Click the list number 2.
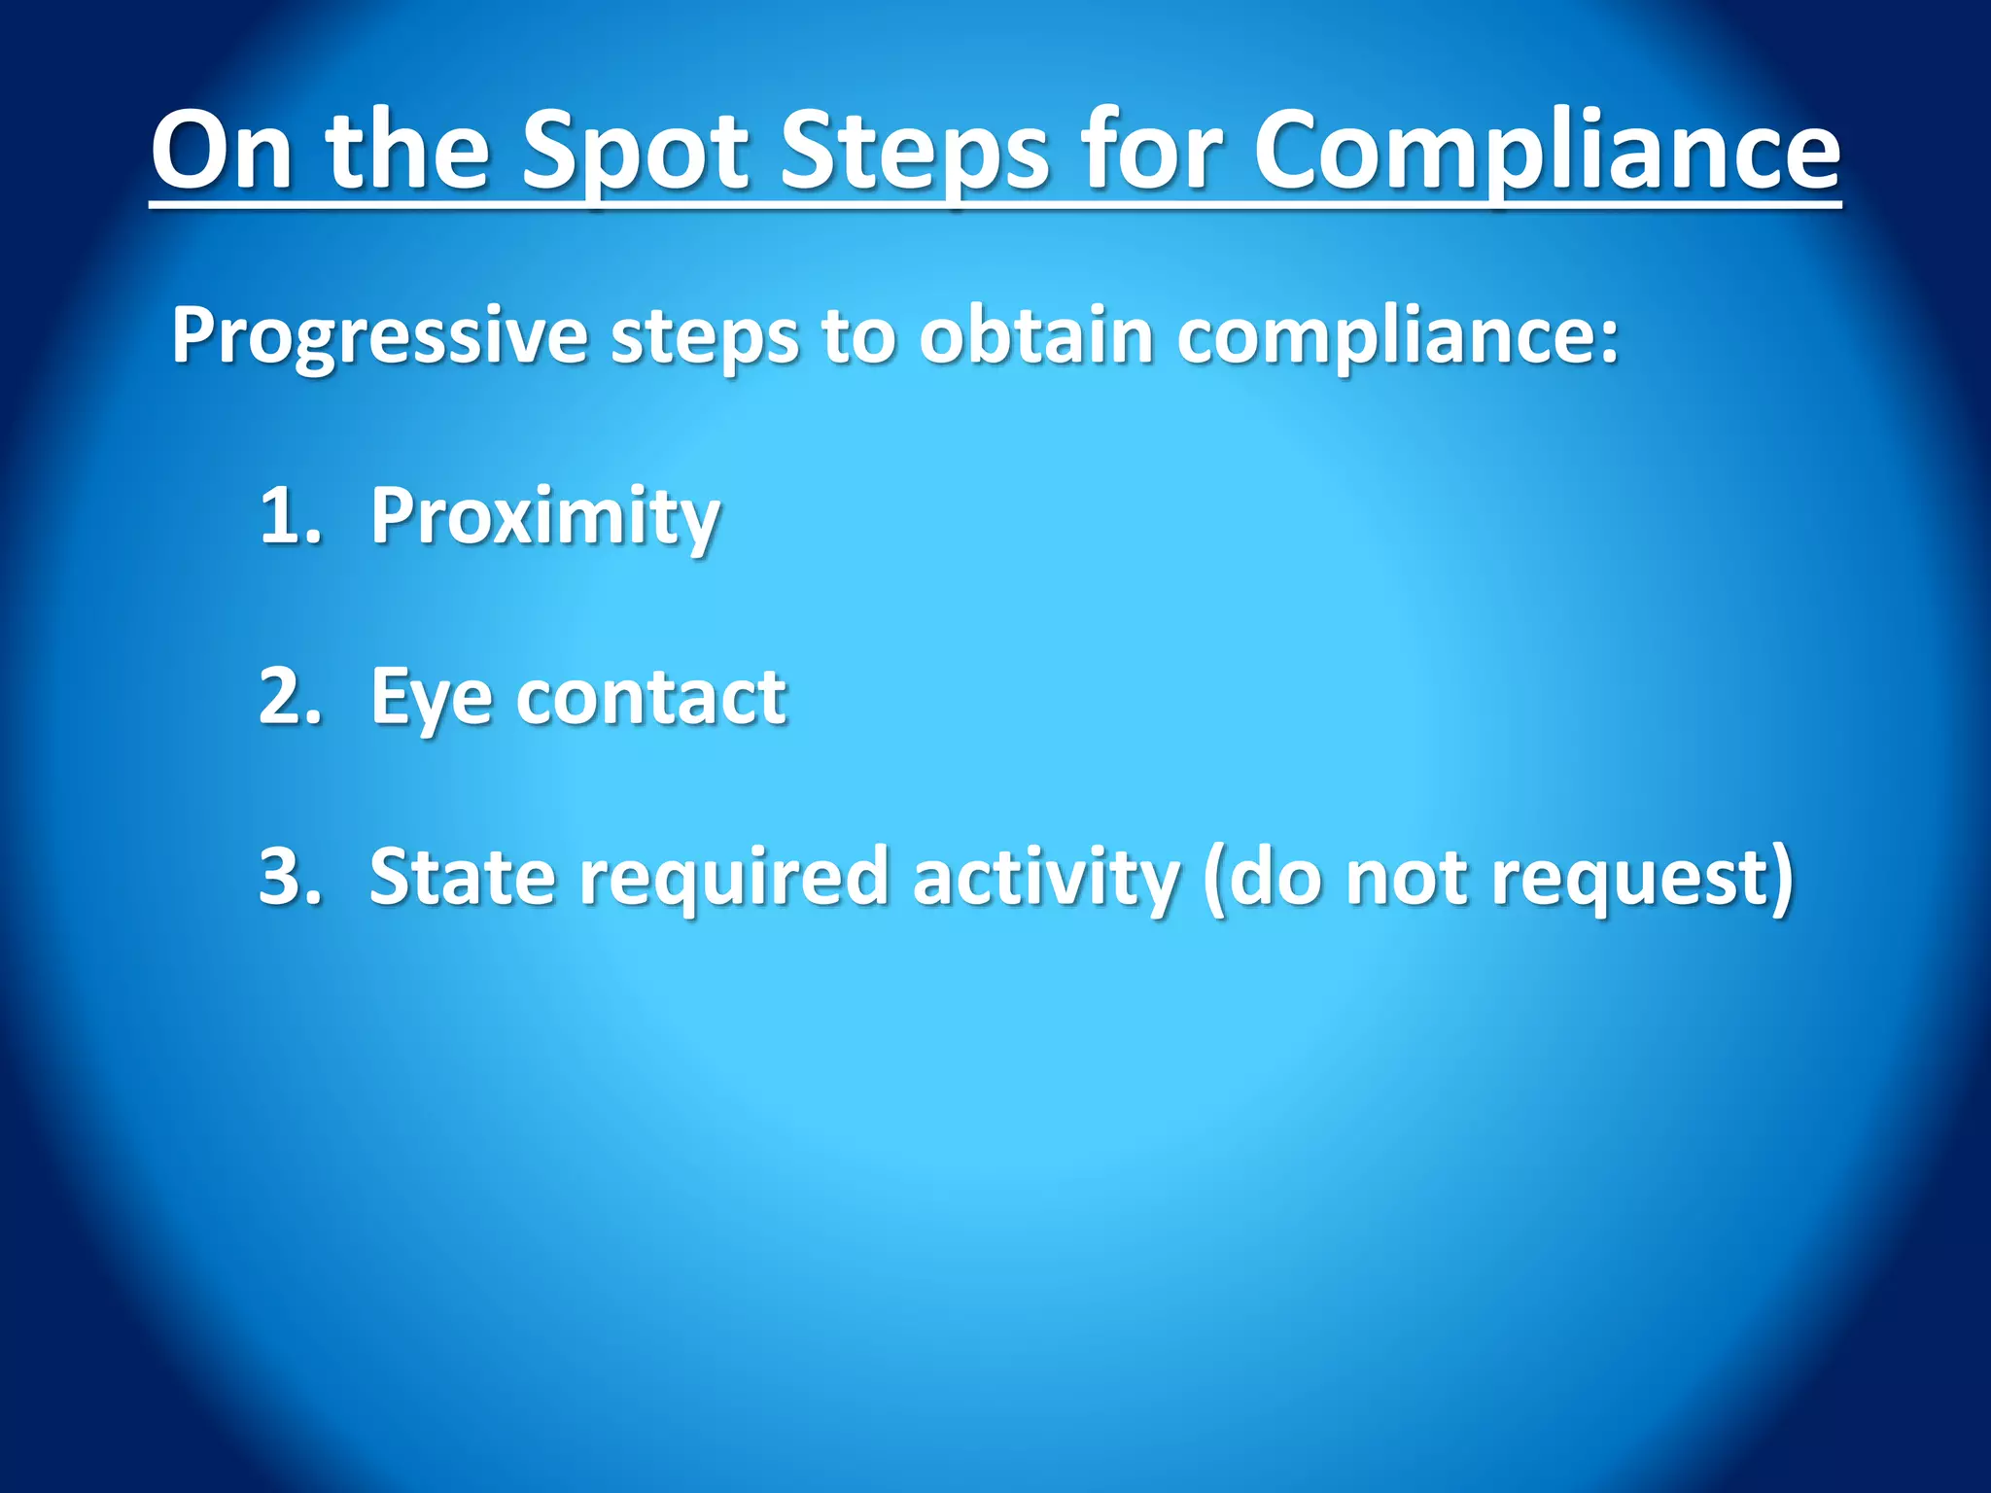(289, 696)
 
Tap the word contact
(650, 698)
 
